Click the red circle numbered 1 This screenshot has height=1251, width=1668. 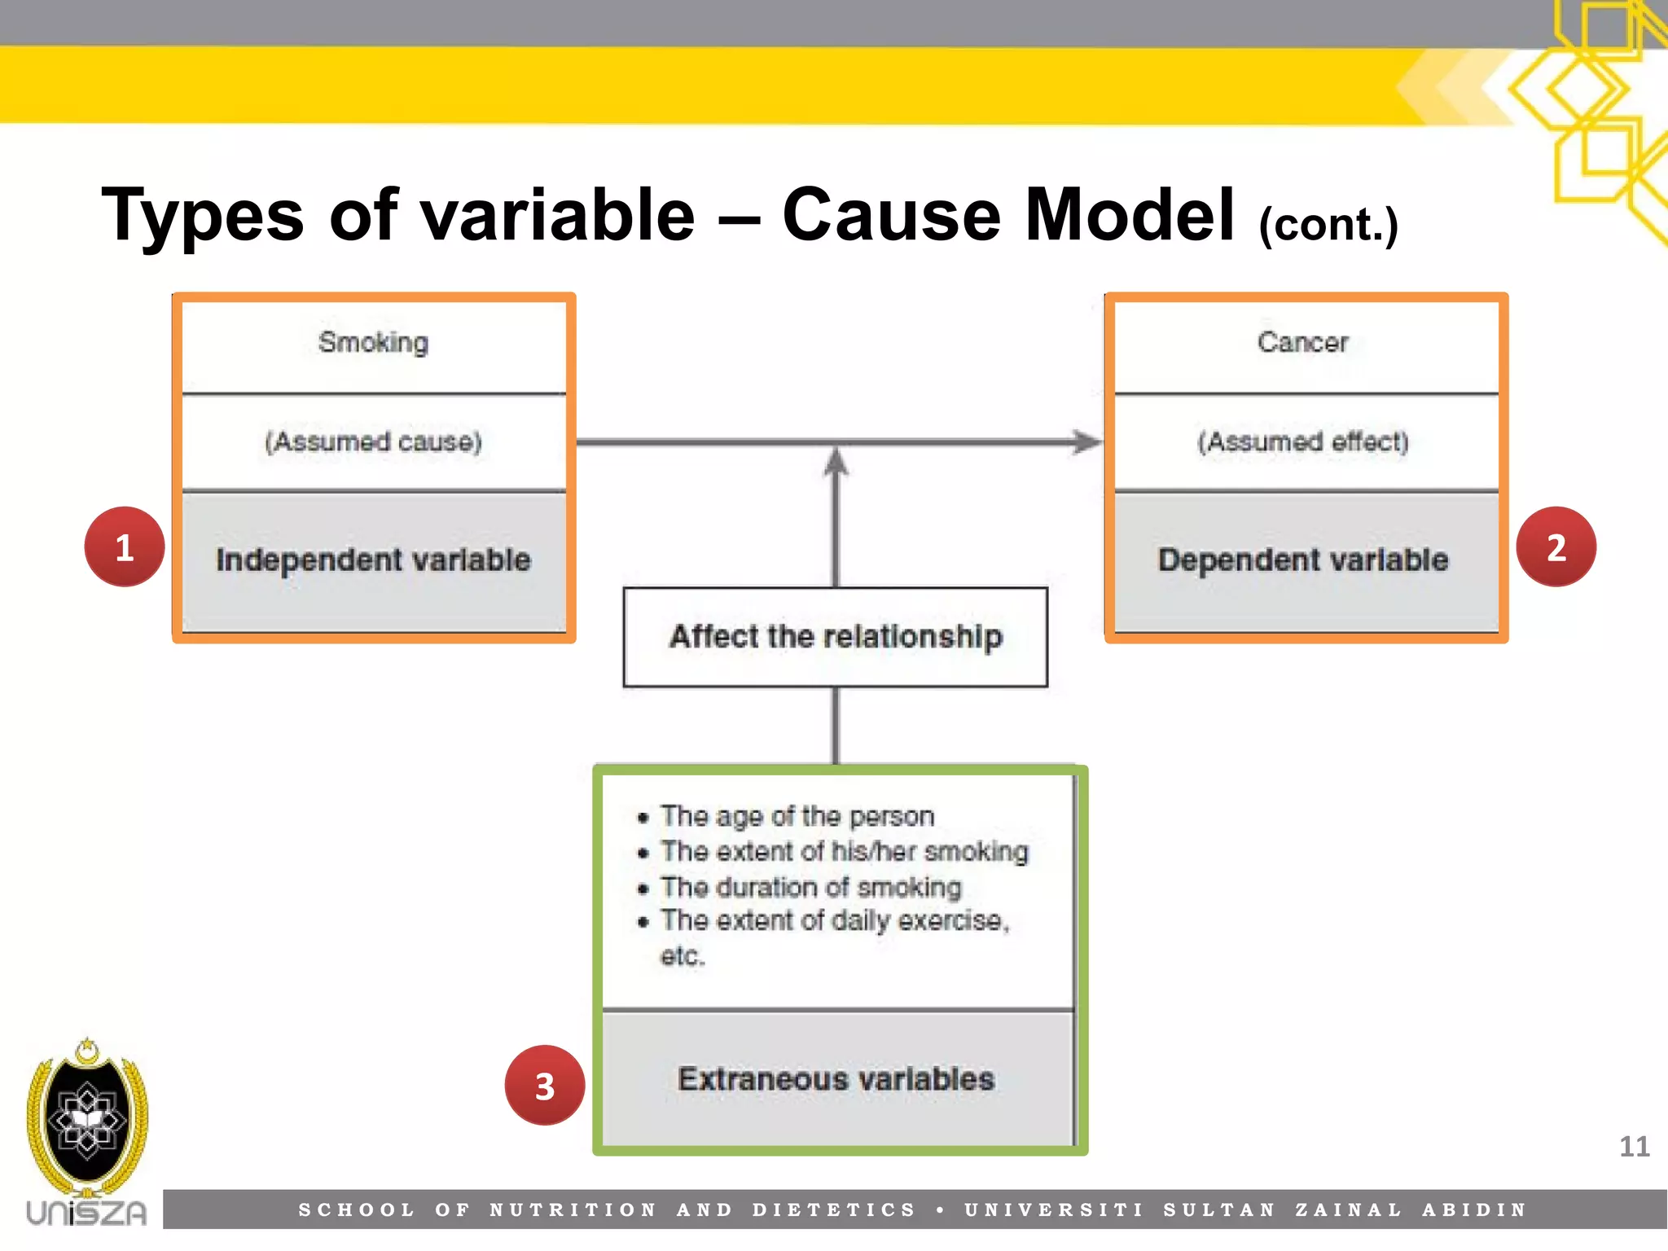tap(125, 546)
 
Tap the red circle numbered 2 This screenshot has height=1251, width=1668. tap(1556, 546)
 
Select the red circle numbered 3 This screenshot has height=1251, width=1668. tap(545, 1086)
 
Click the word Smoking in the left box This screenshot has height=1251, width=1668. tap(373, 342)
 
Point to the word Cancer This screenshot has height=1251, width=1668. tap(1302, 342)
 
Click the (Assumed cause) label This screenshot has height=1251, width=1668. tap(373, 441)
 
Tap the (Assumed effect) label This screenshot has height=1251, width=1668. tap(1302, 441)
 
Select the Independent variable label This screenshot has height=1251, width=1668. tap(373, 560)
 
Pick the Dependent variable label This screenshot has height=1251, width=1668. tap(1302, 560)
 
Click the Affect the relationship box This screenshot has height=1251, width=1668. tap(836, 637)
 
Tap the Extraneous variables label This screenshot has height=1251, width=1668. tap(836, 1079)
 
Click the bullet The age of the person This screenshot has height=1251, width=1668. tap(797, 816)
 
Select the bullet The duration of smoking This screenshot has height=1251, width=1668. tap(810, 887)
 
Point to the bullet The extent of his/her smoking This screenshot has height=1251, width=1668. tap(844, 851)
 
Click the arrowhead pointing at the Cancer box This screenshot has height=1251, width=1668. tap(1086, 442)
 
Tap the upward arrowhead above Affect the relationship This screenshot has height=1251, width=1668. tap(836, 462)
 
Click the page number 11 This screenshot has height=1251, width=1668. tap(1634, 1147)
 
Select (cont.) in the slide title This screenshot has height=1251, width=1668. tap(1328, 224)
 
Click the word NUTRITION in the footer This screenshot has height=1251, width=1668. tap(573, 1210)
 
